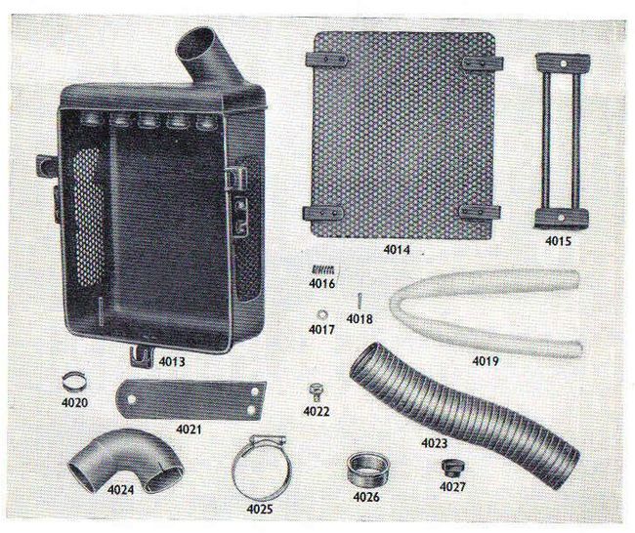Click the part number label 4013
172,361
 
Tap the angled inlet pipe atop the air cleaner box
204,57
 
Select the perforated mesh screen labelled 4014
402,136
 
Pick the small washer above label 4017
322,314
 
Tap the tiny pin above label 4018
360,301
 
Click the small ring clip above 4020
74,381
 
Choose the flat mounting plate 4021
190,399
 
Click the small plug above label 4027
451,469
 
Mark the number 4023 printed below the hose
434,443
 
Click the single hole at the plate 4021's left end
131,399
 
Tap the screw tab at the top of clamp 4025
268,438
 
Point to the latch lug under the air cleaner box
141,355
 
